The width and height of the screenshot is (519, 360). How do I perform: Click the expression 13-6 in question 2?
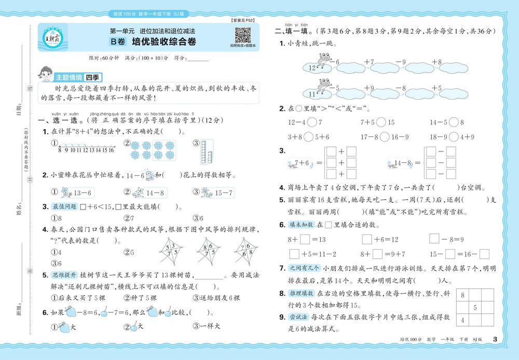tap(83, 193)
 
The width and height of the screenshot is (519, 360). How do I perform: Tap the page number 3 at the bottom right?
tap(495, 339)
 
